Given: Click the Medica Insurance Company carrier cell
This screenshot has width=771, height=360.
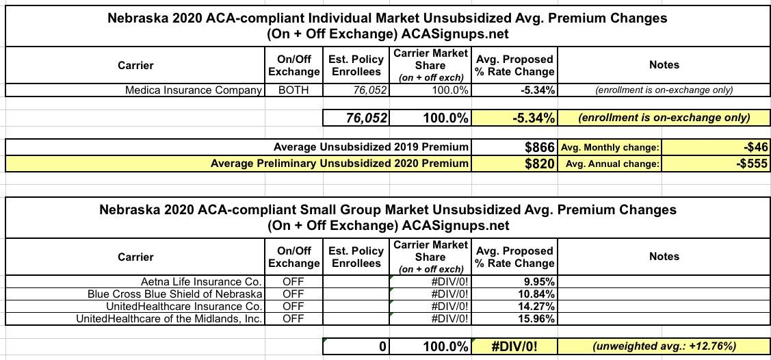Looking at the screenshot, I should (194, 90).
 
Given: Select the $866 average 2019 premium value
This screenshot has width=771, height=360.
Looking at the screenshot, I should (536, 146).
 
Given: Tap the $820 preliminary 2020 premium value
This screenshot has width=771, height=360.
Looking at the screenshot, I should (536, 164).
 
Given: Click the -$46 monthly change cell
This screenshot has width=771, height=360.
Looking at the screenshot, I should (755, 146).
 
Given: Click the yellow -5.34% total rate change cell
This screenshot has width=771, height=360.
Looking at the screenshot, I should (533, 118).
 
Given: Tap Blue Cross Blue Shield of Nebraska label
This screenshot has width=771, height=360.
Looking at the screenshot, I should (174, 294).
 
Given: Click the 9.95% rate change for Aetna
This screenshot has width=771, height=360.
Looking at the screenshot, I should (538, 281).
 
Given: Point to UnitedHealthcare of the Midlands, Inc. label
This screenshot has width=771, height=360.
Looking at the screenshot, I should (169, 318).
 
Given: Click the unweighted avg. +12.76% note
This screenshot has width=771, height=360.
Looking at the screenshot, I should (663, 346).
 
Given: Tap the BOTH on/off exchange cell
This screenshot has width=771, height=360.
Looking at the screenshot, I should (293, 90).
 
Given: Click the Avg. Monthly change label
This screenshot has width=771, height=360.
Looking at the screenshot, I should (610, 147).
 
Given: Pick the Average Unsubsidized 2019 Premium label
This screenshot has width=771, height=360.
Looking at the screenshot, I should (371, 146).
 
